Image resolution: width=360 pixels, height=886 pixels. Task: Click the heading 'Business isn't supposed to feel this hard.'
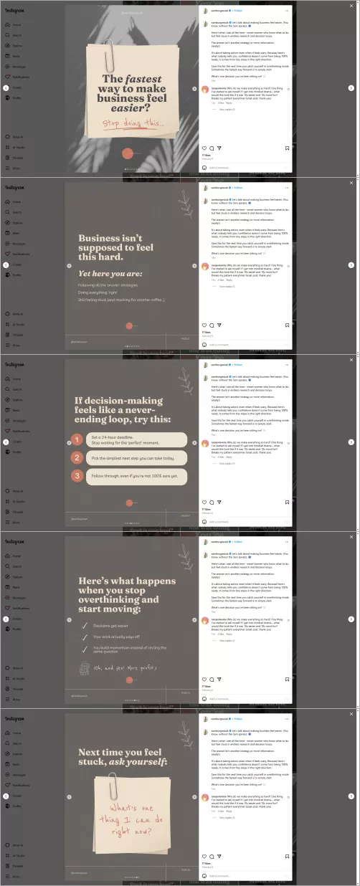[111, 247]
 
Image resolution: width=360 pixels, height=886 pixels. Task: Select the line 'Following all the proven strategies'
[109, 285]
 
